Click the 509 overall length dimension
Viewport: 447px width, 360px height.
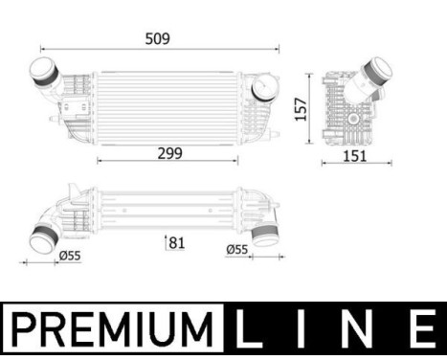point(158,38)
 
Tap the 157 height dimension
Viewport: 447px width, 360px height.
point(301,107)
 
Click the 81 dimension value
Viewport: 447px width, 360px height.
point(176,243)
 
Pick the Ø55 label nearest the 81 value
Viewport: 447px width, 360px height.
point(238,251)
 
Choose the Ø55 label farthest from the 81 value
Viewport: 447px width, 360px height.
point(70,256)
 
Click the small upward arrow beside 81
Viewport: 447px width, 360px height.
point(167,242)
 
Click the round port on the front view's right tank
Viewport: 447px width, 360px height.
point(262,88)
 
